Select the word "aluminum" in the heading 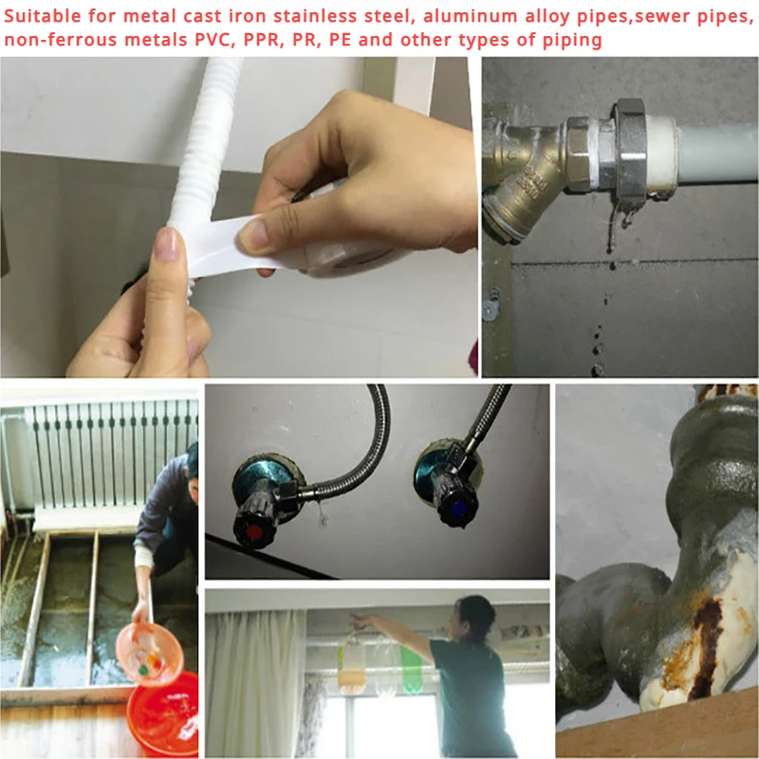pyautogui.click(x=403, y=15)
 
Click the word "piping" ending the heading pyautogui.click(x=573, y=40)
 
